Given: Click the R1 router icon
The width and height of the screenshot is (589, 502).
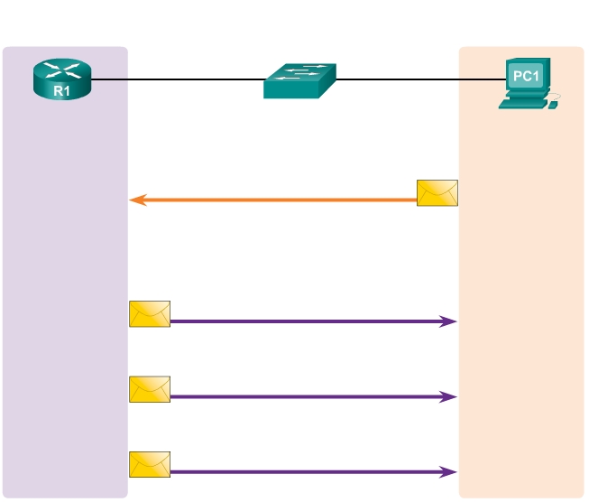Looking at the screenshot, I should pos(62,79).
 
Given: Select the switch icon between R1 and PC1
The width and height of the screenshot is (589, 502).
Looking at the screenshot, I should pos(299,80).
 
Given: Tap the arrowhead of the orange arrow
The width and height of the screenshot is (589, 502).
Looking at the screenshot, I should pos(135,200).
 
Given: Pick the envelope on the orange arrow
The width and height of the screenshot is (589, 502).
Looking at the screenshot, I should pos(437,192).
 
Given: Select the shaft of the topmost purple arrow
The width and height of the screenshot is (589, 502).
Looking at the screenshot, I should pos(307,321).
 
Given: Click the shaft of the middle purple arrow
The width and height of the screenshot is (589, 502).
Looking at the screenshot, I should pos(307,396).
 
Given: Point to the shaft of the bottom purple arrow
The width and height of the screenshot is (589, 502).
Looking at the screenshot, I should pos(307,471).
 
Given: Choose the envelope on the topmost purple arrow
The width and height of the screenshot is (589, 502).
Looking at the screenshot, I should pos(150,313).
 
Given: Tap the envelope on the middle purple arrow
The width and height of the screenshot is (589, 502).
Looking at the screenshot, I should pos(150,389).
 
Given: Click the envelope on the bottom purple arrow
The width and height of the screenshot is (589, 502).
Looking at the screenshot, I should pos(150,464).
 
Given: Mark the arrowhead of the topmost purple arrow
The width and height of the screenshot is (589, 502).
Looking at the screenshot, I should pos(451,321).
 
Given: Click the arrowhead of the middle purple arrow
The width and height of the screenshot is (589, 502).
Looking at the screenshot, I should pos(451,396).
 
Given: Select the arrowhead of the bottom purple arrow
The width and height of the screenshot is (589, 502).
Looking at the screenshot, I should pos(451,471).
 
